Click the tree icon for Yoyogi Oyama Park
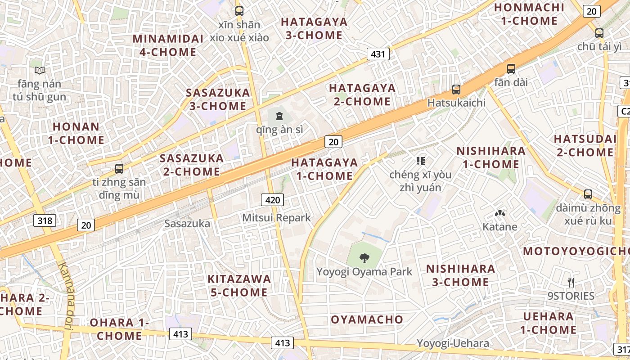click(x=364, y=258)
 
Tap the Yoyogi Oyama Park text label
click(x=364, y=272)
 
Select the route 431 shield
click(x=378, y=54)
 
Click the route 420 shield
click(x=273, y=200)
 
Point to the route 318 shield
click(x=45, y=220)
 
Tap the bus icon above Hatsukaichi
click(x=456, y=90)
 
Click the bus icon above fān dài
click(x=511, y=69)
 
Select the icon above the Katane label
click(x=499, y=213)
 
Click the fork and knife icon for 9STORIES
click(x=571, y=283)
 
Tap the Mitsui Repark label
click(x=276, y=218)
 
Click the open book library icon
click(x=40, y=70)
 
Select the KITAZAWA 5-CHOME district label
click(x=239, y=285)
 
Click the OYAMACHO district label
click(x=367, y=319)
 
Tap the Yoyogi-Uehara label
click(x=453, y=343)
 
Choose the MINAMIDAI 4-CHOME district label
click(x=168, y=45)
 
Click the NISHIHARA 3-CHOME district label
click(x=461, y=275)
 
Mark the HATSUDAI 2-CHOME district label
click(x=585, y=145)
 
